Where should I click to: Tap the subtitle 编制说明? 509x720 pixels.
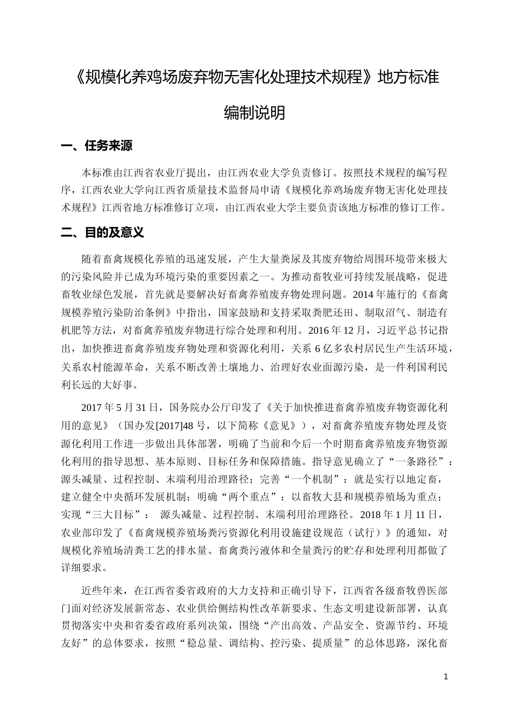pos(254,113)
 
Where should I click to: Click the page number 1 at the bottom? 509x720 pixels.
pos(446,677)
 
